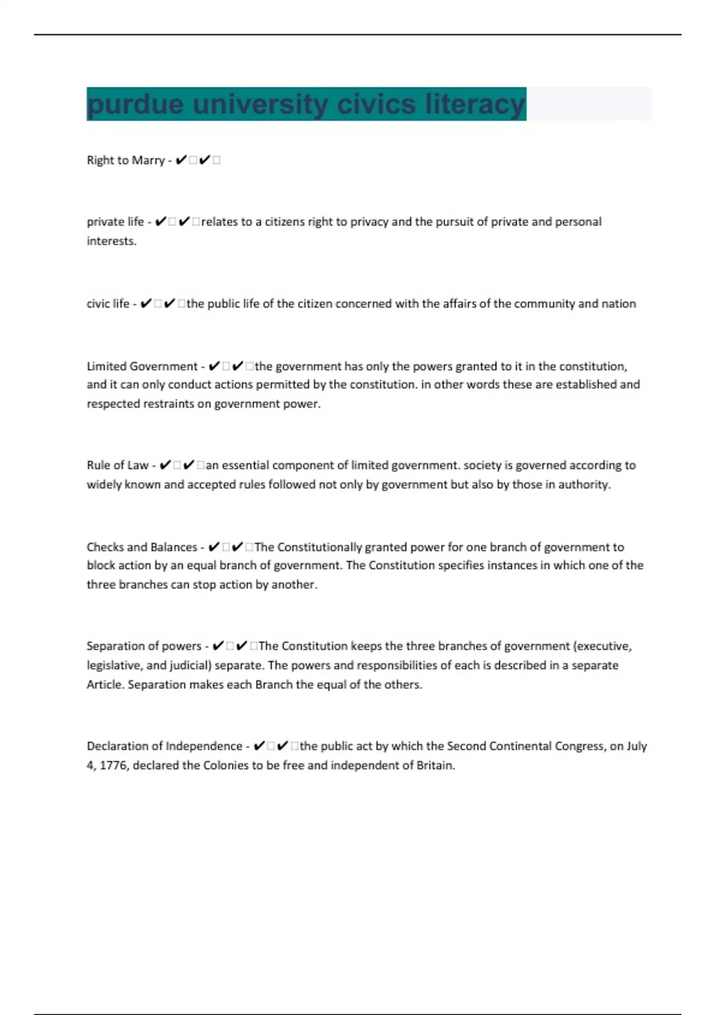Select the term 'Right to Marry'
tap(125, 161)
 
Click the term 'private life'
tap(115, 222)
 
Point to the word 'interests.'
tap(112, 241)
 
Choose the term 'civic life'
tap(108, 304)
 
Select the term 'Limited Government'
tap(142, 367)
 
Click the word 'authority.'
tap(584, 485)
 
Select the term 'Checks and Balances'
tap(142, 548)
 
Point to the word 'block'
tap(101, 565)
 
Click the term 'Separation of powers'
tap(144, 646)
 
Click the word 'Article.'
tap(105, 685)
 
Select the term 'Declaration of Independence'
tap(164, 746)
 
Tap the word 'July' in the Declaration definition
tap(636, 746)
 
